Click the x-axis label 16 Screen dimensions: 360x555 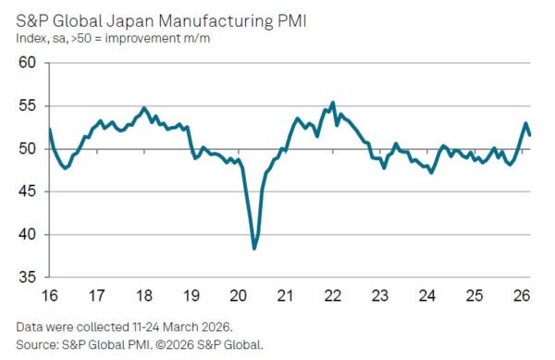48,296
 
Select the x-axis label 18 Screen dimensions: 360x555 144,296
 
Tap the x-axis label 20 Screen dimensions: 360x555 240,296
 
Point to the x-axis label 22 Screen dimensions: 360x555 335,296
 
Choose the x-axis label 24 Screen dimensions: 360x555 427,296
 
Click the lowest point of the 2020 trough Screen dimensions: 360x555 254,248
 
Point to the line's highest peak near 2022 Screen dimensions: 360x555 333,103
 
